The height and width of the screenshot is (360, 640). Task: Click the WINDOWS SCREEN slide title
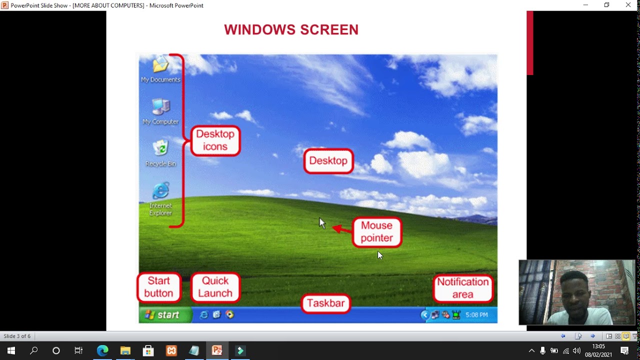[x=291, y=30]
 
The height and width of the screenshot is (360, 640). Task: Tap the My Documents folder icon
[x=160, y=65]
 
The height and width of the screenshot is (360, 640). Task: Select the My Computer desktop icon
[x=160, y=107]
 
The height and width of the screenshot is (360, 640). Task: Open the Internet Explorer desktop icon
[x=160, y=191]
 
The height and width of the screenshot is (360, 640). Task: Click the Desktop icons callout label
[x=215, y=140]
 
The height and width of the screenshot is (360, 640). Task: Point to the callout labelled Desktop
[x=328, y=161]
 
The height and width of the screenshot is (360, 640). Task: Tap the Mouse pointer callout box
[x=376, y=232]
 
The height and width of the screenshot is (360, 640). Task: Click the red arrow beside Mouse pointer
[x=342, y=229]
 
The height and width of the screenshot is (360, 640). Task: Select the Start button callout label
[x=158, y=287]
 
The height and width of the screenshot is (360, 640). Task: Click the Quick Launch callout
[x=215, y=287]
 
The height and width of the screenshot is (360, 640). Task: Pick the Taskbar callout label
[x=325, y=303]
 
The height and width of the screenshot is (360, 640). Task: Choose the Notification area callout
[x=463, y=288]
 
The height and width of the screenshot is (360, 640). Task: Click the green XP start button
[x=164, y=315]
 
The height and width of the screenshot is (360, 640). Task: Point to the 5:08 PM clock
[x=476, y=315]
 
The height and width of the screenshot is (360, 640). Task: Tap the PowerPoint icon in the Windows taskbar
[x=217, y=350]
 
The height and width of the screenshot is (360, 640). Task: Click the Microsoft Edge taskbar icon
[x=102, y=350]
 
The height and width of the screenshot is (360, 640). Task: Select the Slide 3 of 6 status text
[x=17, y=336]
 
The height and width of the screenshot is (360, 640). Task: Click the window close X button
[x=628, y=5]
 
